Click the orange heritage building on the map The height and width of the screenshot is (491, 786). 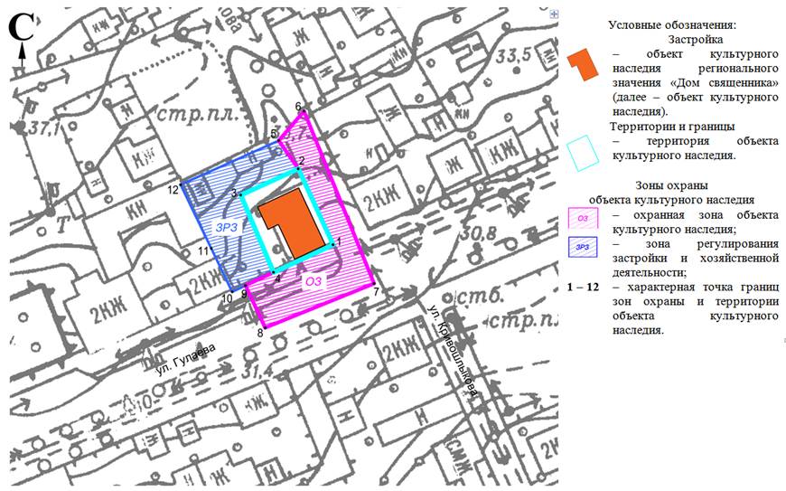(291, 221)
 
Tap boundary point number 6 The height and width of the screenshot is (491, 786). (304, 113)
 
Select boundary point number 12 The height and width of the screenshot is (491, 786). (183, 181)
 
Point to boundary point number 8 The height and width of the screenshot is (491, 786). (263, 325)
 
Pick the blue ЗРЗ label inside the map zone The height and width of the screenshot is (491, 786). (226, 228)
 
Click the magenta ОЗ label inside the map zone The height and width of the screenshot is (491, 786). (313, 282)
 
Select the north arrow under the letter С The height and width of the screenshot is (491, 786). (21, 52)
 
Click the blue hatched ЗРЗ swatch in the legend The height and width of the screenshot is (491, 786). (584, 247)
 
